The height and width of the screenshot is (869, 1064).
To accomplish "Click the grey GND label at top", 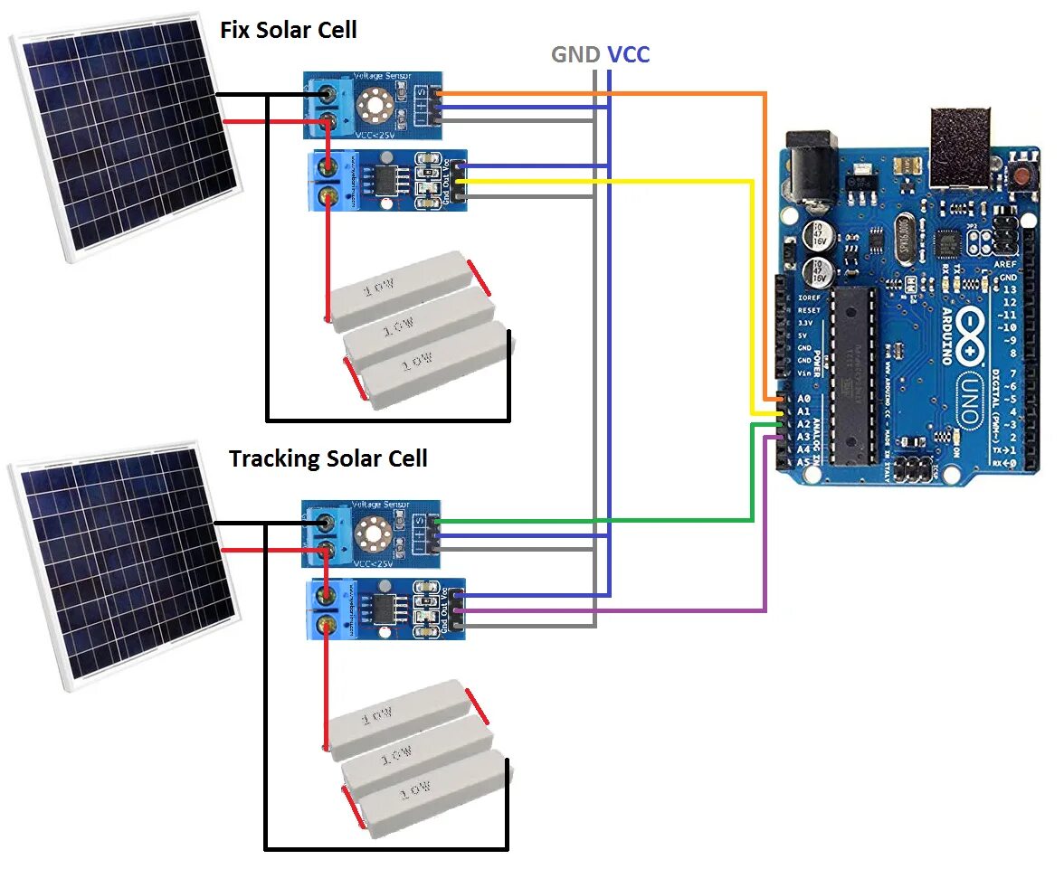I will (x=575, y=55).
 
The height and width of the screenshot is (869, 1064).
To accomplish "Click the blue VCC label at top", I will (x=628, y=55).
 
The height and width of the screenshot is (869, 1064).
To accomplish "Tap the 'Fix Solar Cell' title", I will (x=289, y=30).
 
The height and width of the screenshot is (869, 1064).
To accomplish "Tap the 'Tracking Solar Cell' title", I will (x=328, y=458).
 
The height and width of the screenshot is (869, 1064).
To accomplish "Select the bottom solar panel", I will (x=122, y=565).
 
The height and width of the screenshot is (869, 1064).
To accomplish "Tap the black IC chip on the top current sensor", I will (x=385, y=180).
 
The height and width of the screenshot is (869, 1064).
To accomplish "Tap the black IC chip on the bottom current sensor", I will (x=385, y=608).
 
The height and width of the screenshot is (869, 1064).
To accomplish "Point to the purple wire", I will (x=633, y=611).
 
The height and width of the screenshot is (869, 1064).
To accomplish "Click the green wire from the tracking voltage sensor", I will (x=633, y=520).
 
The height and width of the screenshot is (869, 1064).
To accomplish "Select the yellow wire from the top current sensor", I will (x=633, y=181).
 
